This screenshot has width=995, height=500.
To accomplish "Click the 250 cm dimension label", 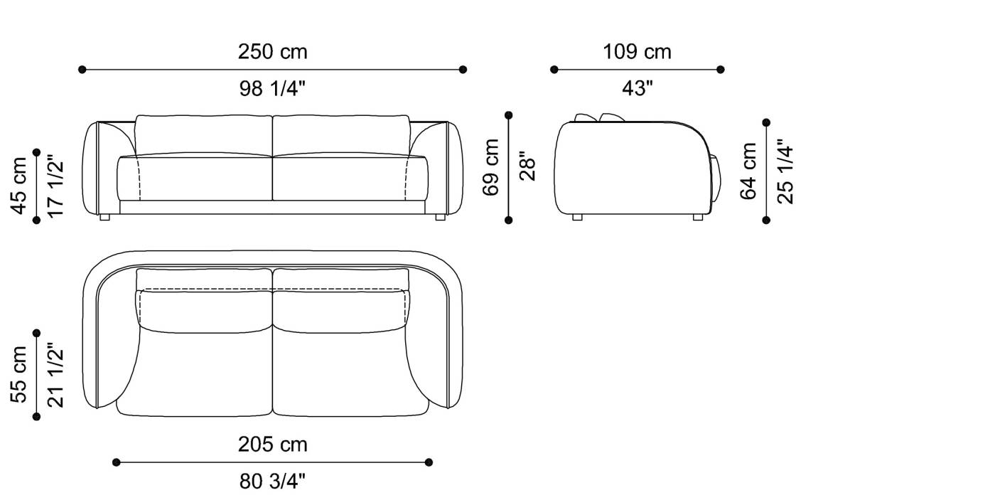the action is pos(272,51).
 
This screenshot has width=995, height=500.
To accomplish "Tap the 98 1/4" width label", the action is pos(272,88).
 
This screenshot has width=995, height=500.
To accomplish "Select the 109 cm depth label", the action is pos(637,51).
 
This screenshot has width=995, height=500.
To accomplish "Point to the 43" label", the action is pos(638,88).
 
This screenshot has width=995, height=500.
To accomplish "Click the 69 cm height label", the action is pos(490,167).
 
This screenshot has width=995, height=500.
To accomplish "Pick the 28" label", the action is pos(527,167).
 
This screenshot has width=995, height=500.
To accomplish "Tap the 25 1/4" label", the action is pos(785,171).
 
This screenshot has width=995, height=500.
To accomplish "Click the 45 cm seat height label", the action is pos(18,186).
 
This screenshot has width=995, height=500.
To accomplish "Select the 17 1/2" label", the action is pos(55,186).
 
